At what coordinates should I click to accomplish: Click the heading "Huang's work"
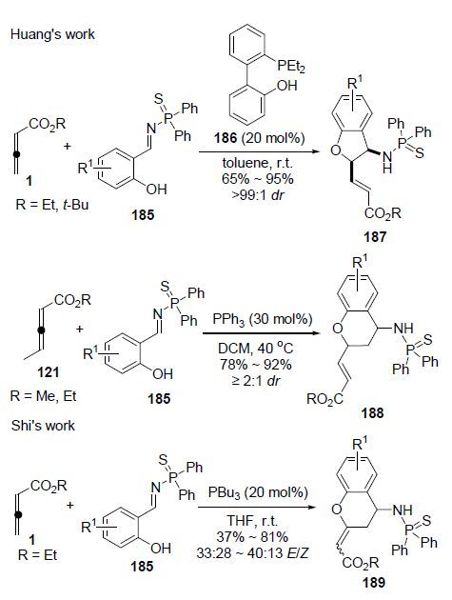click(52, 34)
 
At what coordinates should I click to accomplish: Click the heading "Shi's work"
click(43, 426)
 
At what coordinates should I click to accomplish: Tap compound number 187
click(374, 237)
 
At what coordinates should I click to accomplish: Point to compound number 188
click(372, 413)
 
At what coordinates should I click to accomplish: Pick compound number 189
click(374, 582)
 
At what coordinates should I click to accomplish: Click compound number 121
click(49, 371)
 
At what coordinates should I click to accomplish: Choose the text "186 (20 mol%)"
click(259, 137)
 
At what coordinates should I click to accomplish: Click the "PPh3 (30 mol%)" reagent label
click(262, 319)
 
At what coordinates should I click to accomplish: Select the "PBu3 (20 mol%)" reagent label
click(257, 492)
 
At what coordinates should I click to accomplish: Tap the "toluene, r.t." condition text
click(257, 163)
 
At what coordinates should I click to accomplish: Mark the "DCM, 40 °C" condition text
click(255, 348)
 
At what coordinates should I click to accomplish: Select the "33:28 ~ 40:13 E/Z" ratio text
click(252, 553)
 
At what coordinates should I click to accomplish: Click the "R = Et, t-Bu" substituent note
click(52, 205)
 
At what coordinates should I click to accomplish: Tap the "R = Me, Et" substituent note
click(43, 395)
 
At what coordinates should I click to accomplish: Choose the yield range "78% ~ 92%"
click(255, 364)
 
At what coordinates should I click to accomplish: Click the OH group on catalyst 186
click(286, 86)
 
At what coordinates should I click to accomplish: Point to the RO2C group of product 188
click(324, 399)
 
